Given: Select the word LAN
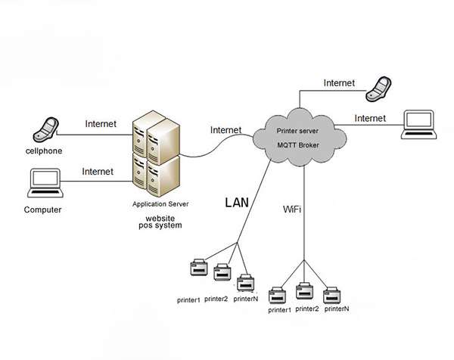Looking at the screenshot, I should (x=238, y=203).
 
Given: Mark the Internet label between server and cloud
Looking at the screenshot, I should (x=225, y=129).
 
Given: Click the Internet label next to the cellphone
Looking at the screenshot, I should (x=101, y=123).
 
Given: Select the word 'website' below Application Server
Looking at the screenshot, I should (x=160, y=217).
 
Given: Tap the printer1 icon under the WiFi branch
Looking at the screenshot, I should (x=279, y=295).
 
